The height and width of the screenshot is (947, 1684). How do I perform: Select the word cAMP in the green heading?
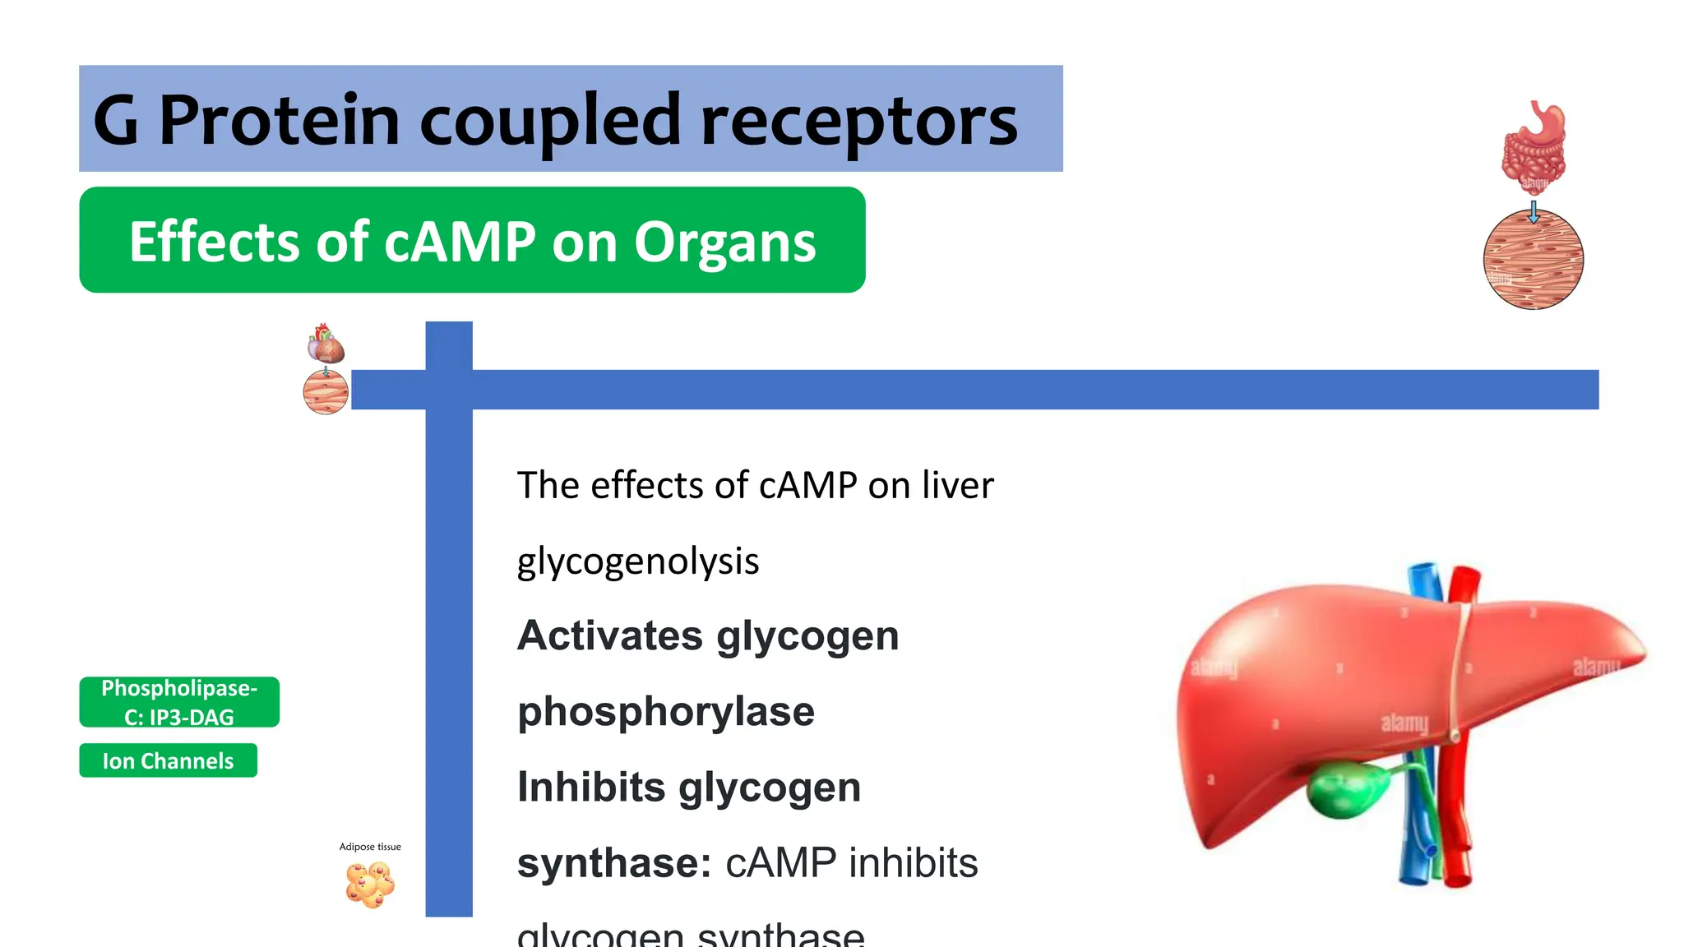[x=460, y=242]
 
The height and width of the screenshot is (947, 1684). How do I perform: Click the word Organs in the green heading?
[x=724, y=242]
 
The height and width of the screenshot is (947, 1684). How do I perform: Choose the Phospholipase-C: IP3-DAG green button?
[x=179, y=702]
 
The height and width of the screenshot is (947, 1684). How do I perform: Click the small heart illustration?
[x=326, y=344]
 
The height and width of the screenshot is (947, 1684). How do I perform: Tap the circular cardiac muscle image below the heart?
[x=326, y=392]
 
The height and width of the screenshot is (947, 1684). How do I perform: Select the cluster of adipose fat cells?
[x=370, y=885]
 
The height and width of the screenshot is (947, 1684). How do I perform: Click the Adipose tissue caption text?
[x=370, y=847]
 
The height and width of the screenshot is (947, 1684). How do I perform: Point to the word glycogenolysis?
[x=637, y=561]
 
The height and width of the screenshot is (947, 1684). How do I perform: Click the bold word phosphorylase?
[x=665, y=711]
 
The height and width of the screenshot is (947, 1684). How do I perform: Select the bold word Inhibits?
[x=591, y=787]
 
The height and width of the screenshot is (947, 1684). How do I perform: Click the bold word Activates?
[x=609, y=635]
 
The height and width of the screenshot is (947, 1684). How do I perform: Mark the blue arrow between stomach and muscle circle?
[x=1534, y=211]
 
